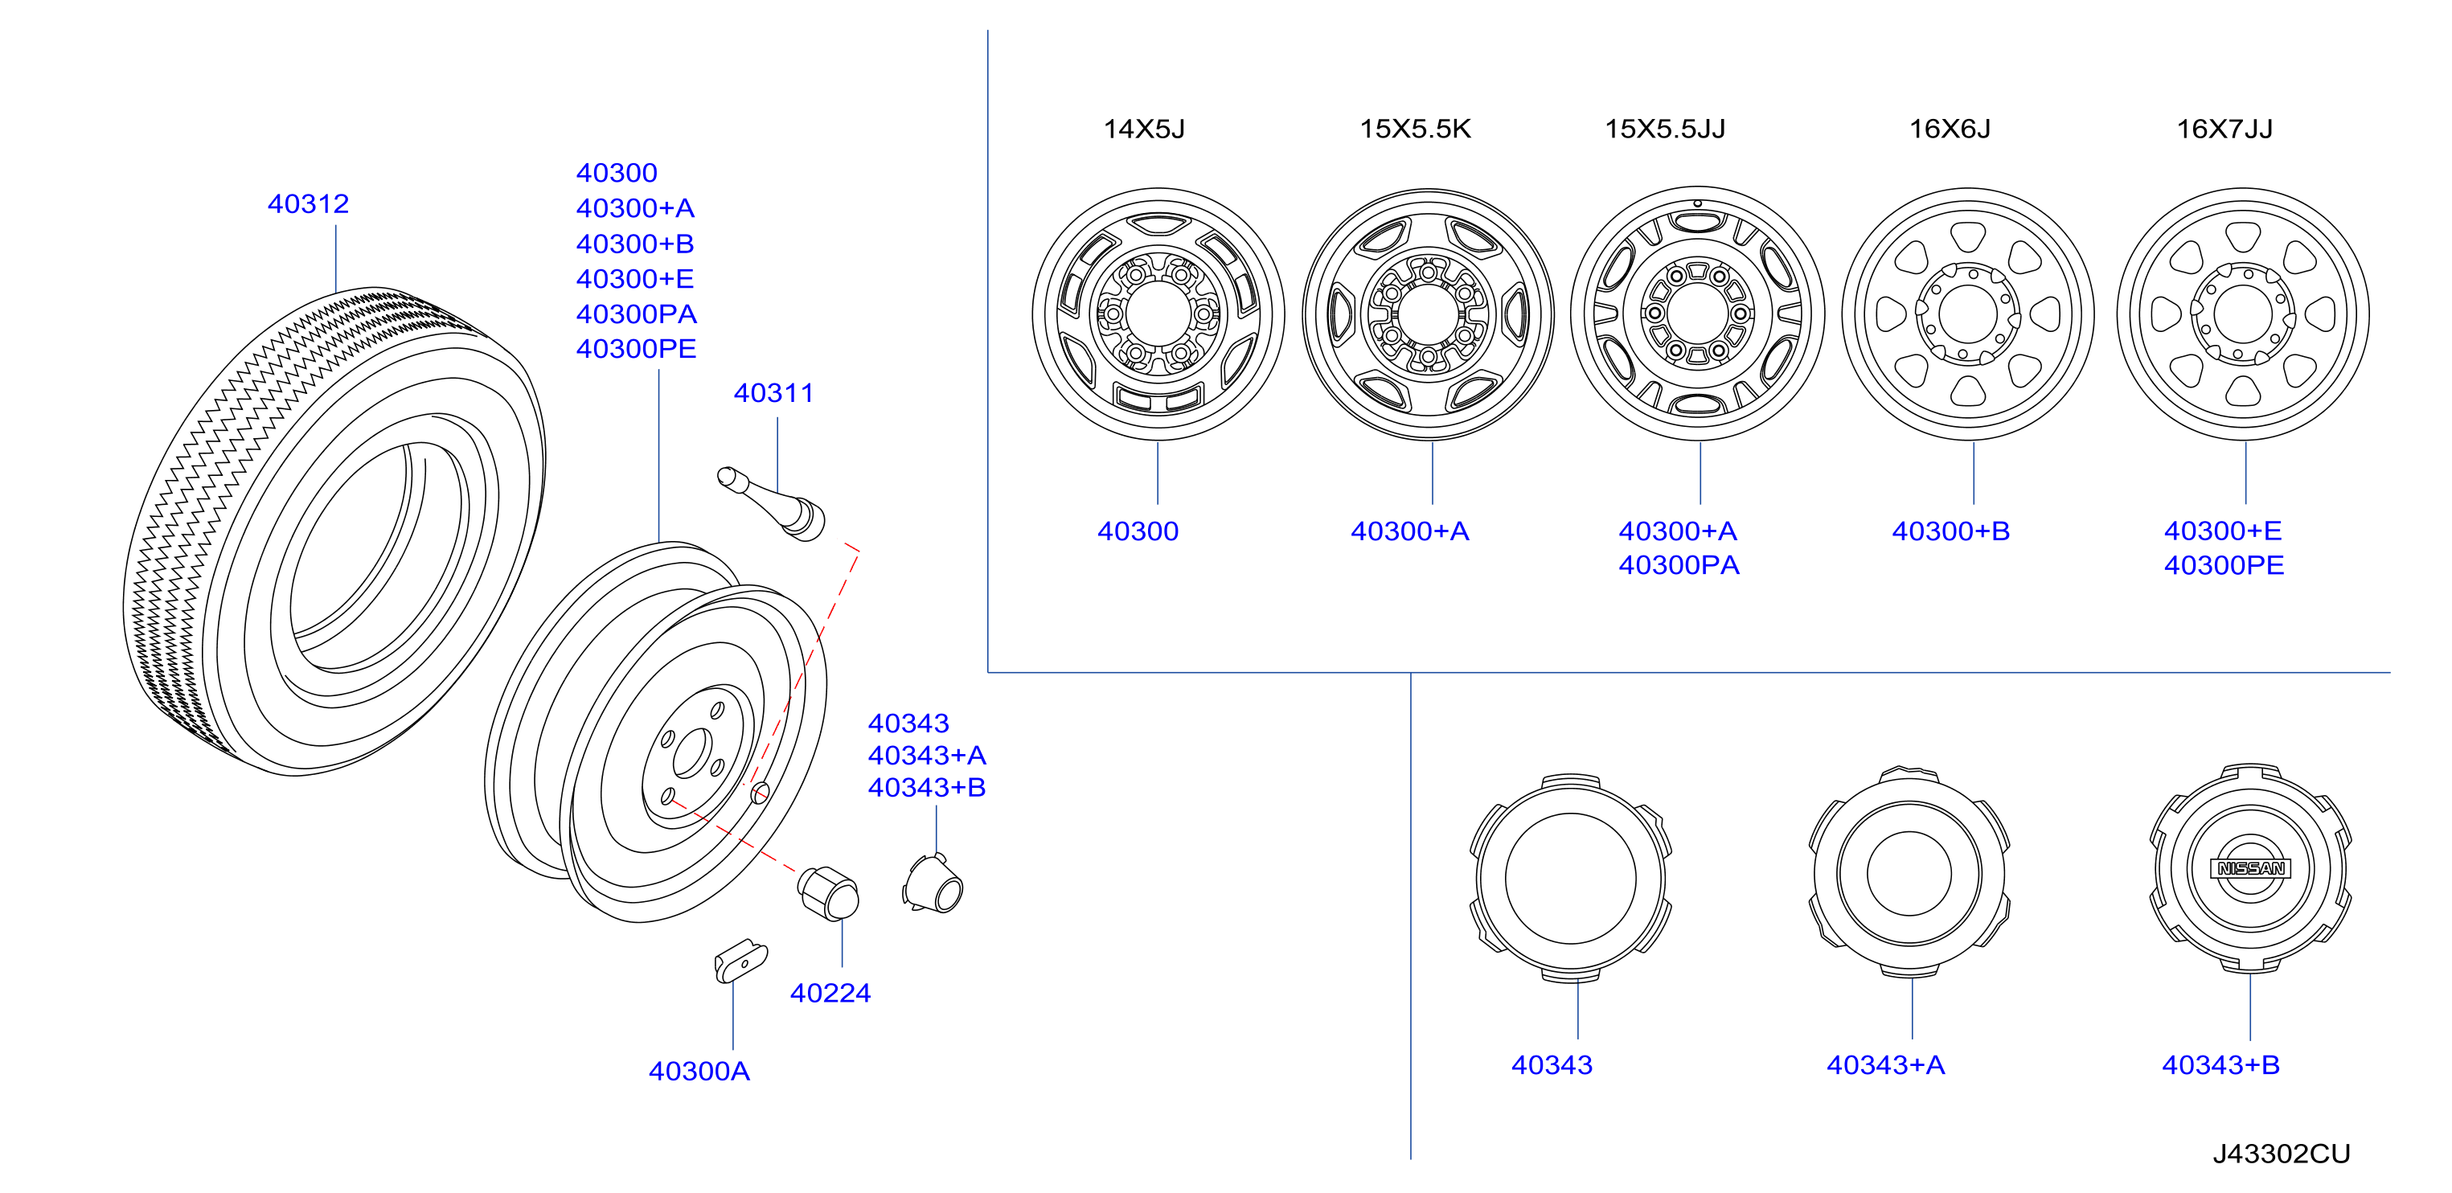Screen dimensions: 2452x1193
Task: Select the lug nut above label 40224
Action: [x=827, y=893]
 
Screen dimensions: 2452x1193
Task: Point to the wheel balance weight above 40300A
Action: [x=740, y=961]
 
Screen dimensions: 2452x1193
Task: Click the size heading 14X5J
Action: [x=1144, y=129]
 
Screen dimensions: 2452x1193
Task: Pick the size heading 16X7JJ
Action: [x=2224, y=129]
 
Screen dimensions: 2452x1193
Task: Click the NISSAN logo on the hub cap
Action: [x=2250, y=868]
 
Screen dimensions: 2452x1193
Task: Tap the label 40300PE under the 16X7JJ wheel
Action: [x=2224, y=566]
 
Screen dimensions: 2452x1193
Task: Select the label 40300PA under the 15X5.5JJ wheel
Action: [x=1679, y=566]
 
